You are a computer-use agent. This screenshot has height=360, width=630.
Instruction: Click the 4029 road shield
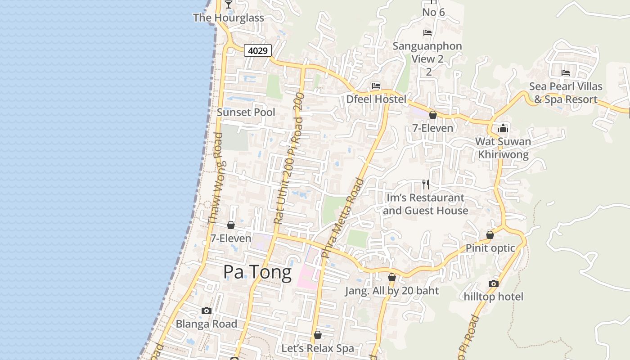(258, 50)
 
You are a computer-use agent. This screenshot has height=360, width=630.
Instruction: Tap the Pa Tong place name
(257, 272)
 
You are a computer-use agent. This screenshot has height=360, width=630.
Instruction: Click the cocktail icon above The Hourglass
(229, 4)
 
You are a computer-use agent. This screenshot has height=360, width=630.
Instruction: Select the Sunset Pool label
(246, 112)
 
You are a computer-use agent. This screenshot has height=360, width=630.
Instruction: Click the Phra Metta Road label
(343, 218)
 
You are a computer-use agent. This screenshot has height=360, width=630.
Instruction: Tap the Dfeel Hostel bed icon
(376, 86)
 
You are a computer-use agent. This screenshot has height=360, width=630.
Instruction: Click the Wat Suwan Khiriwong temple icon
(503, 129)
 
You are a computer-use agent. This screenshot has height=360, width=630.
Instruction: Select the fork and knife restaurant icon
(426, 184)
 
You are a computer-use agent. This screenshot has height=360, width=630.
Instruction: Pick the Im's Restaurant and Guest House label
(425, 204)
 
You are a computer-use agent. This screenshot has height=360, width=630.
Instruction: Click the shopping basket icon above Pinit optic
(490, 235)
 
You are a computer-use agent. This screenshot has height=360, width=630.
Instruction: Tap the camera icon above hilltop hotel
(494, 283)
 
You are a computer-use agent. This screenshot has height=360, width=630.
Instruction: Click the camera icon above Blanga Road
(207, 310)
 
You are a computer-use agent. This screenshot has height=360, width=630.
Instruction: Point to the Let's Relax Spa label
(318, 348)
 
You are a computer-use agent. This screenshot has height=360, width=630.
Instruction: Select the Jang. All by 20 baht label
(392, 291)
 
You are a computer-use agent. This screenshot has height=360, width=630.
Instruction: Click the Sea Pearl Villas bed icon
(566, 73)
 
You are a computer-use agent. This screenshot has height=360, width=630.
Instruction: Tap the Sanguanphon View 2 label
(427, 52)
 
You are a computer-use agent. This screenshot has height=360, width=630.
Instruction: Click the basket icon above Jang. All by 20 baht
(392, 278)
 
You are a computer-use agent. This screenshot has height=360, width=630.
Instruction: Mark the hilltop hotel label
(494, 297)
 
